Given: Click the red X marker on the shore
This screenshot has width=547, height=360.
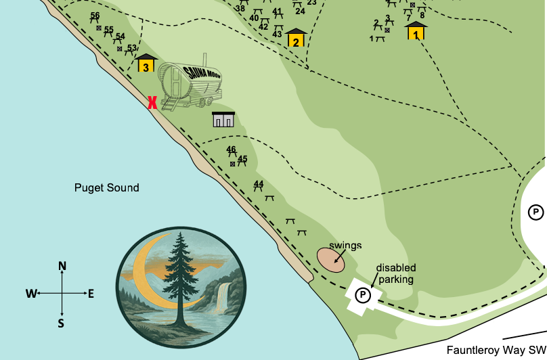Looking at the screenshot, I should (x=153, y=102).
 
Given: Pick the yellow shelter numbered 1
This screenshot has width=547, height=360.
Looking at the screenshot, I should (x=416, y=31).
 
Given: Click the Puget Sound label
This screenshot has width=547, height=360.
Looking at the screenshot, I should (x=106, y=187).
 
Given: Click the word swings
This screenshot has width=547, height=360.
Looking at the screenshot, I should (x=345, y=245).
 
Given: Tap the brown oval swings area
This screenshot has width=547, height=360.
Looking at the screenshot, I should (x=331, y=260).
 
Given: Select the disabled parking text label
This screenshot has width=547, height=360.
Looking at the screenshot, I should (x=396, y=273).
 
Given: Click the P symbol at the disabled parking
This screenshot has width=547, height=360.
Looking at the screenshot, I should (x=364, y=294).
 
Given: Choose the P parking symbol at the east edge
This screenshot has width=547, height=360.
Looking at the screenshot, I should (x=535, y=212).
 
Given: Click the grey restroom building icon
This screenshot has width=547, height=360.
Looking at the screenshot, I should (x=223, y=120).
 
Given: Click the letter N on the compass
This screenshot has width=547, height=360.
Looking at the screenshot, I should (x=62, y=267).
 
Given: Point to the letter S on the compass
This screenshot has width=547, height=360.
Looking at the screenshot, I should (x=62, y=323).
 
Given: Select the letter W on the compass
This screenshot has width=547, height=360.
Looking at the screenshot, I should (x=31, y=294).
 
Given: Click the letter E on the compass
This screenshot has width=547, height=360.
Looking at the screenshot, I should (x=91, y=294).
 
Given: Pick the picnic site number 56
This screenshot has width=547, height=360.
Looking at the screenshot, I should (x=95, y=16).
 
